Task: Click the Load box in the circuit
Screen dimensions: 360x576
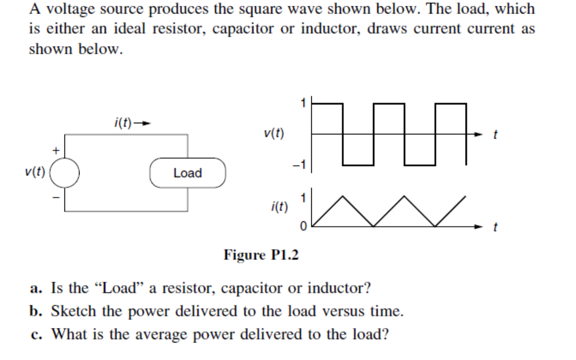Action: pos(188,173)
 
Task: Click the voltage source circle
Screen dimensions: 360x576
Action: pos(65,173)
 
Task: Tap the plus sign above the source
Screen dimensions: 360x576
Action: pos(56,151)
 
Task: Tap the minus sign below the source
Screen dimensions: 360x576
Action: pos(56,197)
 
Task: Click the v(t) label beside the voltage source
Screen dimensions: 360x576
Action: pos(35,173)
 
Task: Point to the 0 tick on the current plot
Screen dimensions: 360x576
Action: pos(303,226)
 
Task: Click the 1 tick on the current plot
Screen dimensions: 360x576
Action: pos(303,197)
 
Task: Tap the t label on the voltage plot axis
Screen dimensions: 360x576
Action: pos(494,137)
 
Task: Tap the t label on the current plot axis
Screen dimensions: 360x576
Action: pos(494,229)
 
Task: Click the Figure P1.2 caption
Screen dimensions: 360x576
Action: pos(261,255)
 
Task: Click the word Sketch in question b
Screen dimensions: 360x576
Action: pos(74,311)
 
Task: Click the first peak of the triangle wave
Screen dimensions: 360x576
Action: pos(342,196)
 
